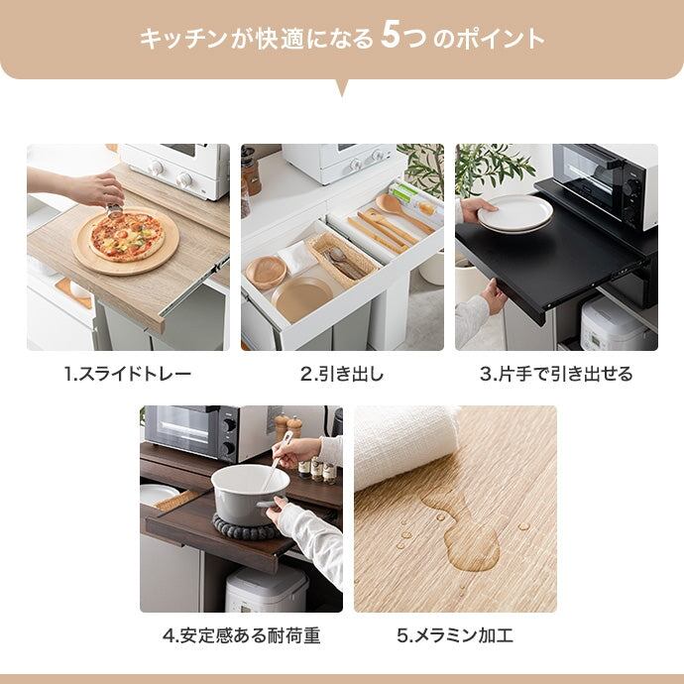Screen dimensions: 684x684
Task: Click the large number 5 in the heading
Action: [390, 37]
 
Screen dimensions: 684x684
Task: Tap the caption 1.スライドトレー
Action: [128, 375]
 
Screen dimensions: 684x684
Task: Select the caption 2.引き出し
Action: [342, 375]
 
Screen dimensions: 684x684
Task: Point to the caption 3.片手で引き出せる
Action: [556, 375]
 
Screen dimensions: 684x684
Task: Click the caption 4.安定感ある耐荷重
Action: [241, 635]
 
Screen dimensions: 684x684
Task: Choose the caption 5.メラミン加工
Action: [455, 635]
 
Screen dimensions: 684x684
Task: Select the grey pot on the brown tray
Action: [251, 495]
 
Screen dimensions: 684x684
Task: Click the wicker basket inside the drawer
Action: [342, 260]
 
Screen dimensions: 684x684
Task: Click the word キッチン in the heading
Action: [184, 39]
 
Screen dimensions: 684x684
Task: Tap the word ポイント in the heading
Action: [501, 39]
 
